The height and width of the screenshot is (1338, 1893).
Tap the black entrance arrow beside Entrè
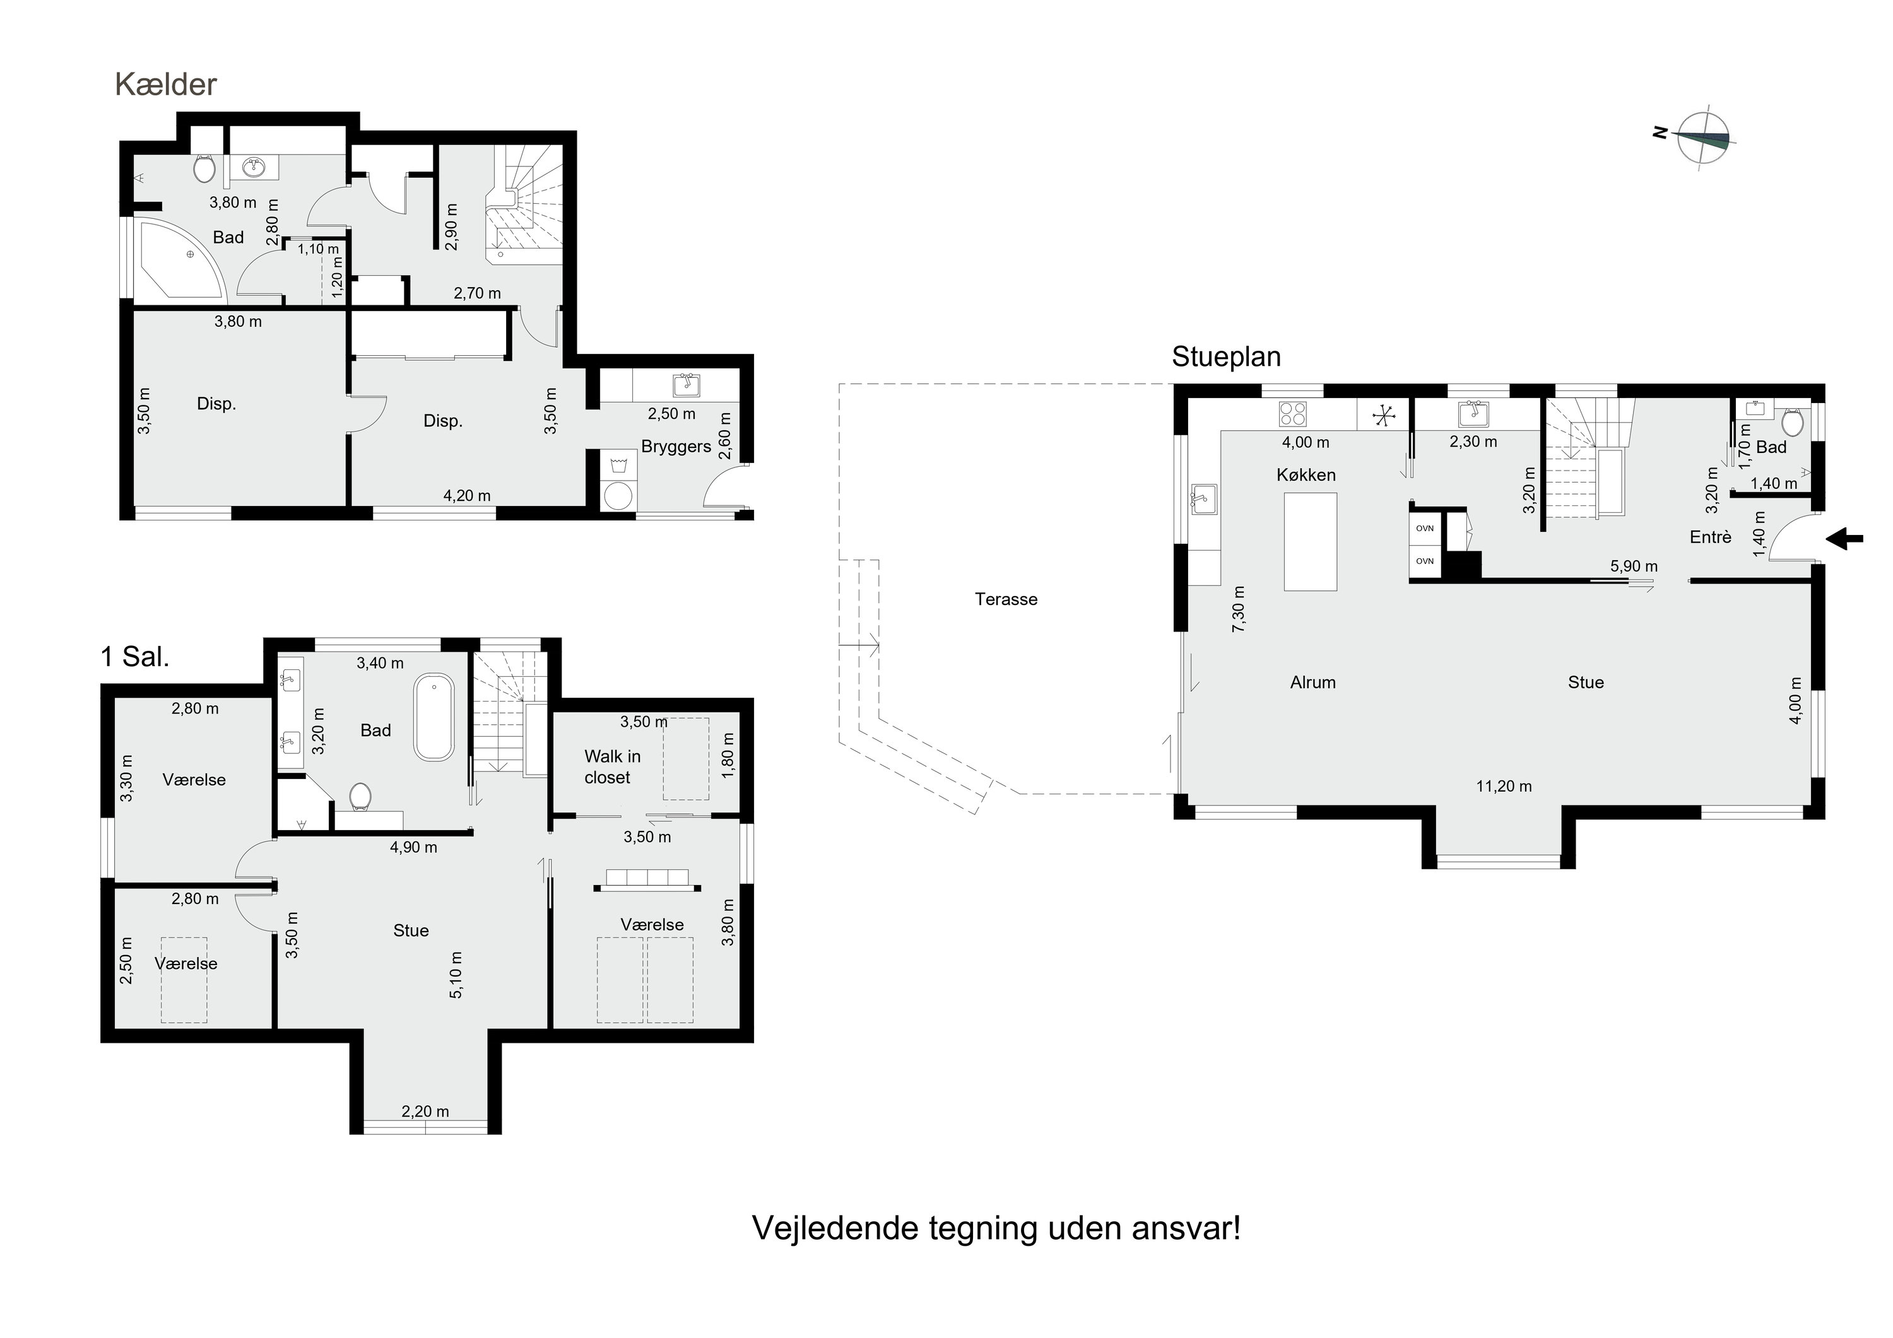pyautogui.click(x=1844, y=539)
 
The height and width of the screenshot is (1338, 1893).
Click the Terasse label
pyautogui.click(x=1006, y=599)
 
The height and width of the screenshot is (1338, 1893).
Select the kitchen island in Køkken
pyautogui.click(x=1310, y=542)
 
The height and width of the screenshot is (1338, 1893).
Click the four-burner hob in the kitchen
pyautogui.click(x=1292, y=414)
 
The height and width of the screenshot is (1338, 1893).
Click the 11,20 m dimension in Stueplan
pyautogui.click(x=1504, y=787)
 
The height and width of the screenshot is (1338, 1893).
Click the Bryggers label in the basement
pyautogui.click(x=676, y=447)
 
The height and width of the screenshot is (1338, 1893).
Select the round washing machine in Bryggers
pyautogui.click(x=618, y=496)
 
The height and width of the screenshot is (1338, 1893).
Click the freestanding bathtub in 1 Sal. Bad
pyautogui.click(x=433, y=717)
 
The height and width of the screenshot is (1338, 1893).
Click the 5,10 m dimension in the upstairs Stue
pyautogui.click(x=456, y=975)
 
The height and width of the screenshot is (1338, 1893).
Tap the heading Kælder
pyautogui.click(x=166, y=84)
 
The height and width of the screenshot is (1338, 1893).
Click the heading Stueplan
pyautogui.click(x=1226, y=357)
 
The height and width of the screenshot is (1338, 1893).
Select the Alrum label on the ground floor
pyautogui.click(x=1312, y=683)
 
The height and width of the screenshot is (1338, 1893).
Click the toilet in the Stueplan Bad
pyautogui.click(x=1791, y=422)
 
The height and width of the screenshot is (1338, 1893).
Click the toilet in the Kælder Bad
pyautogui.click(x=204, y=169)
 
